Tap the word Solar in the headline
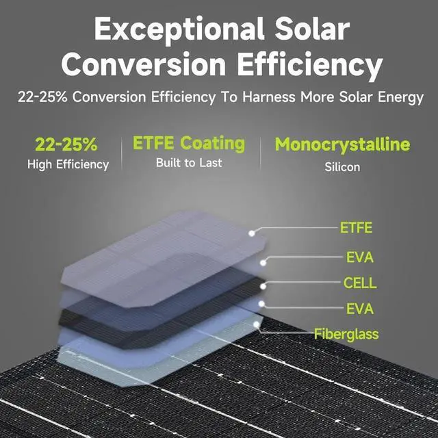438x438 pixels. (313, 31)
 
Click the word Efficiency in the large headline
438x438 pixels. (307, 65)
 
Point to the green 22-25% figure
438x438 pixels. (66, 144)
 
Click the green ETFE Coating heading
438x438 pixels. (189, 143)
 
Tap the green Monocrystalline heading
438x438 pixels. (342, 144)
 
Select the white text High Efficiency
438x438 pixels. (68, 164)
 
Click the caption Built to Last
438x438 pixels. (189, 163)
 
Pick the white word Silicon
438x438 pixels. (342, 166)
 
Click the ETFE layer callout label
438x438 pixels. (357, 228)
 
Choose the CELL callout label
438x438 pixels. (360, 283)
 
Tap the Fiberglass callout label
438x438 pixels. (346, 334)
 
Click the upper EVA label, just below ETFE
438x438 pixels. (360, 258)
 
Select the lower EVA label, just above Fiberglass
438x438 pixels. (360, 309)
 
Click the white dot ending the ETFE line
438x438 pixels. (253, 233)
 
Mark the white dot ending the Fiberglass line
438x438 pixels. (257, 324)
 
